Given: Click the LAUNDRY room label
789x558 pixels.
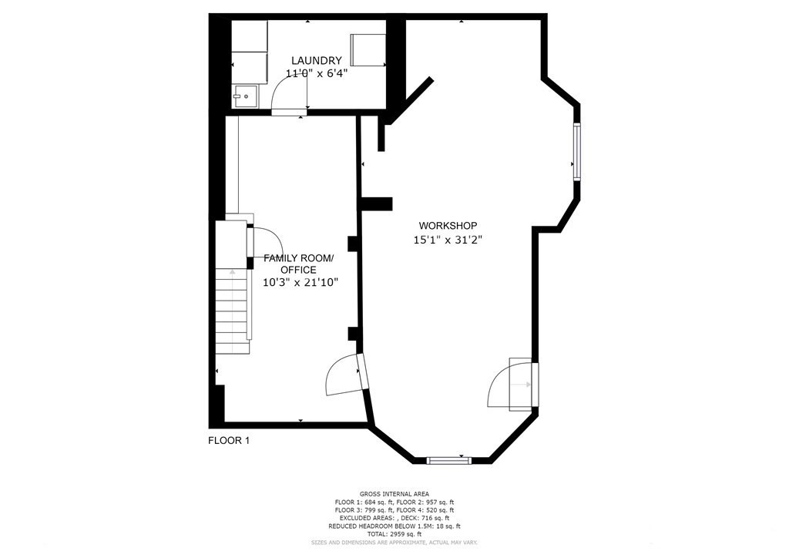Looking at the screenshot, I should pyautogui.click(x=316, y=61).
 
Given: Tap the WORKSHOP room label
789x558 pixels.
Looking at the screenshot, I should pyautogui.click(x=451, y=225).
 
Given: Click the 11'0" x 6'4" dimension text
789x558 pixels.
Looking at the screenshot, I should pyautogui.click(x=316, y=74).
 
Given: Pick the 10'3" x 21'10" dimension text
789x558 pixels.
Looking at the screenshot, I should pyautogui.click(x=299, y=282).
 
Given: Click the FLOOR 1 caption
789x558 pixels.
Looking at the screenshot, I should pyautogui.click(x=229, y=441).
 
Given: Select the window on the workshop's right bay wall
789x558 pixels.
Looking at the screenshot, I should pyautogui.click(x=576, y=151).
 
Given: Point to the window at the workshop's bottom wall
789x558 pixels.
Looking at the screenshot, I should pyautogui.click(x=449, y=461).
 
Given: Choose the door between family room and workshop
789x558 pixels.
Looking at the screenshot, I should pyautogui.click(x=344, y=375).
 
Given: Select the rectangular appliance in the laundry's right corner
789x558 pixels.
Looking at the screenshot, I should pyautogui.click(x=368, y=49).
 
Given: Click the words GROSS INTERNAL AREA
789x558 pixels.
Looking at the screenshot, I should pyautogui.click(x=394, y=494).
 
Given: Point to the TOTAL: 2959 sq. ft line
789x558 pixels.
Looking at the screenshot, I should pyautogui.click(x=394, y=534).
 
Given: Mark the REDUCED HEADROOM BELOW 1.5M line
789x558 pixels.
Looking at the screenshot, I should pyautogui.click(x=394, y=526).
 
